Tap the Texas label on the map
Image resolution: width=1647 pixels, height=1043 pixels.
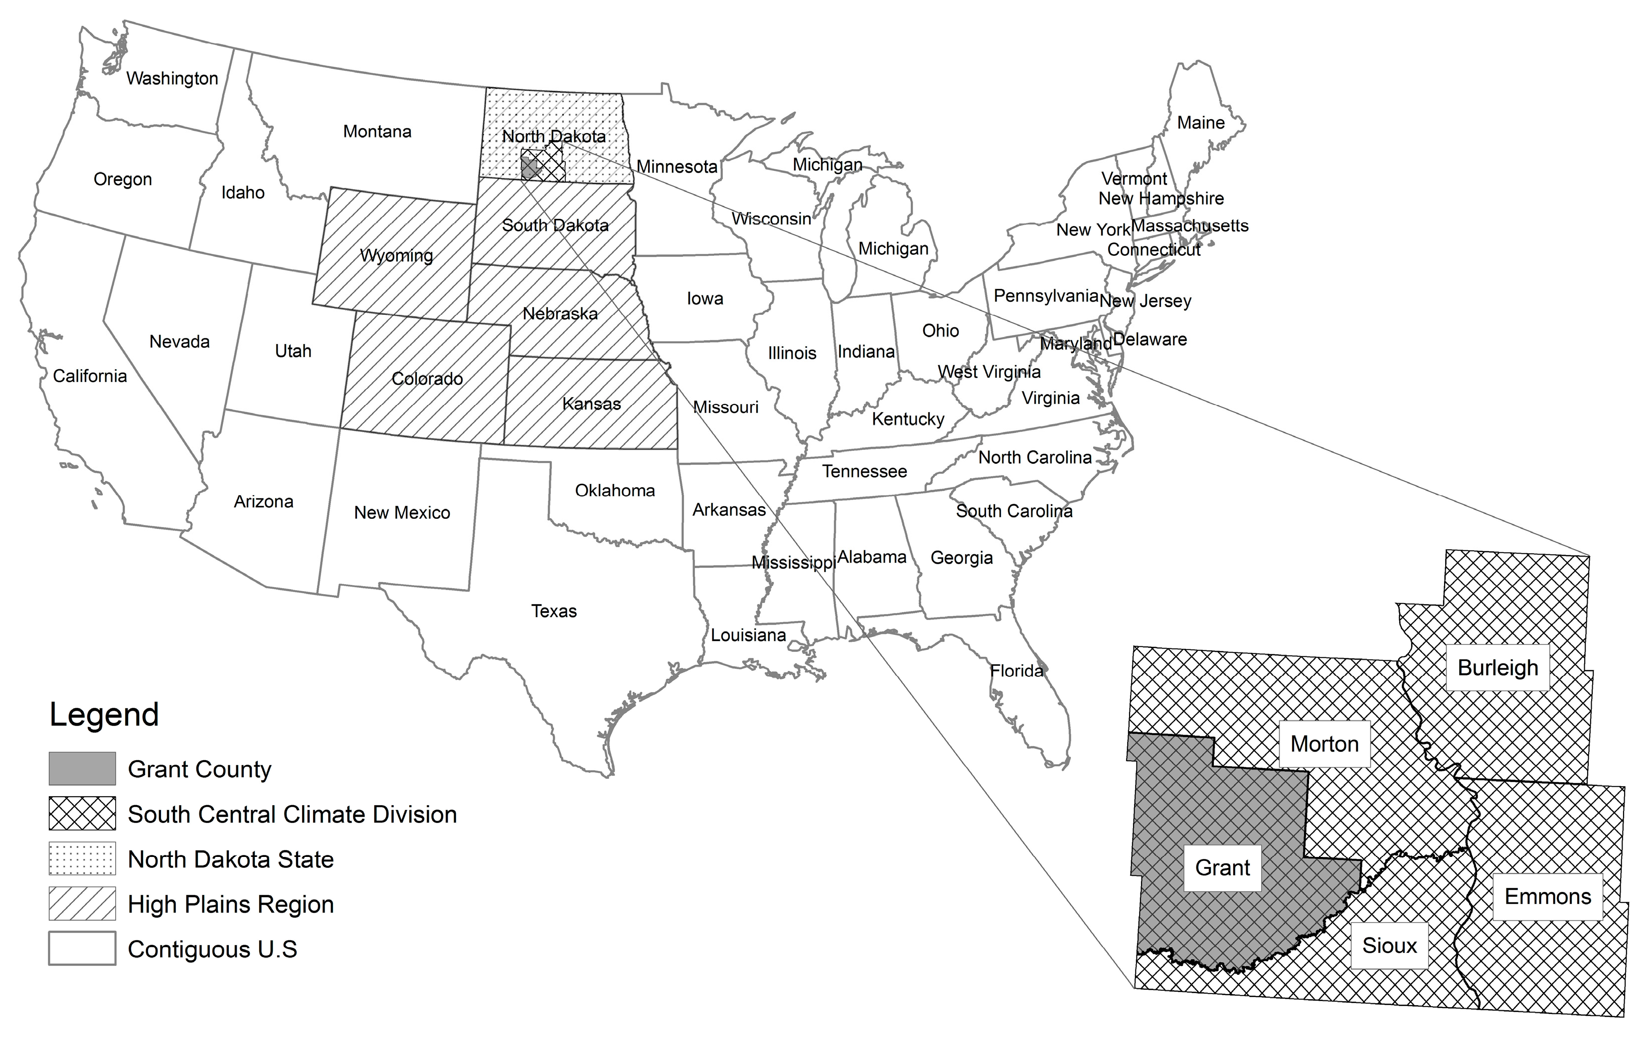coord(553,611)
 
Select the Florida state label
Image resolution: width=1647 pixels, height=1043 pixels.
coord(1016,671)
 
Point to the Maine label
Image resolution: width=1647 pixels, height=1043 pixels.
coord(1200,123)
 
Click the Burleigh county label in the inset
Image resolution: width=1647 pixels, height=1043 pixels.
coord(1497,667)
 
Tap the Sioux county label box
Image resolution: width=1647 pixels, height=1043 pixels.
coord(1389,946)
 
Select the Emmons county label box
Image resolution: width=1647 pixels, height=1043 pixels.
coord(1547,896)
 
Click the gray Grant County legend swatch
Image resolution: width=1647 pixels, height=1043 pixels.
coord(82,769)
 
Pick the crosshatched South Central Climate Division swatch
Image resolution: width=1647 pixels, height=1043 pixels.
coord(82,814)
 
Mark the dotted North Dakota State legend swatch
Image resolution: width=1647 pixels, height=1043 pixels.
coord(82,859)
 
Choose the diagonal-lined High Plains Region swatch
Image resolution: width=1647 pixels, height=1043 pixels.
coord(82,904)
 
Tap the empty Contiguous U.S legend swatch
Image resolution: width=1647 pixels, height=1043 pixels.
coord(82,949)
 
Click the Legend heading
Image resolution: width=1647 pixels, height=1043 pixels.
coord(104,714)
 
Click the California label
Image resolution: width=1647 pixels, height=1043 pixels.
coord(90,376)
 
